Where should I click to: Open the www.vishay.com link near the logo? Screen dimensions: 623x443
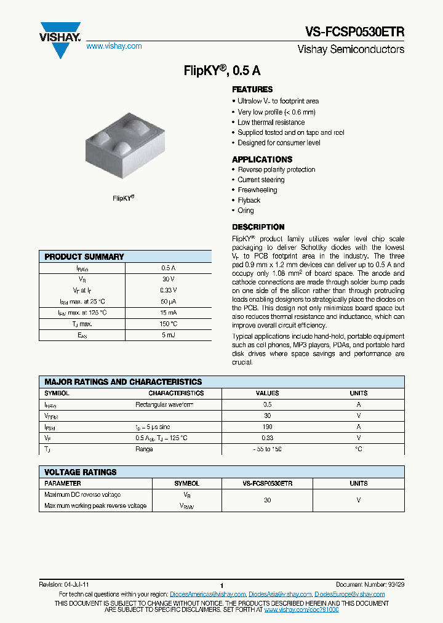tap(114, 46)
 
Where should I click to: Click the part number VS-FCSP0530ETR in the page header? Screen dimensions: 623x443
tap(354, 33)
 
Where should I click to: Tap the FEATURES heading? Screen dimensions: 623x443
tap(252, 89)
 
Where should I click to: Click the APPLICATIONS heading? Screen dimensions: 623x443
tap(262, 159)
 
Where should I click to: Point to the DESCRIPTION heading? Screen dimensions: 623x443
tap(258, 227)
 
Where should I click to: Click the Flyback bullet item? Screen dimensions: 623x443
tap(249, 200)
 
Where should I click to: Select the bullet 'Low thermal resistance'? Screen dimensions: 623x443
tap(271, 122)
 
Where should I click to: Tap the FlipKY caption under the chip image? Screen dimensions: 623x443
tap(124, 198)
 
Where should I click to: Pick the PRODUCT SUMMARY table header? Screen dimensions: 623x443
tap(84, 257)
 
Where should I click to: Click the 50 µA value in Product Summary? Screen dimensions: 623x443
tap(169, 302)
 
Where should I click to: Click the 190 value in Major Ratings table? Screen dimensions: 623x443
tap(267, 427)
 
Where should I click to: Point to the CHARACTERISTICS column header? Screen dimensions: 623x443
tap(176, 393)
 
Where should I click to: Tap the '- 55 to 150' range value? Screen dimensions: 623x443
tap(267, 449)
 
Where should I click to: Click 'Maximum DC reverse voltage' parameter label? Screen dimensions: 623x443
tap(82, 494)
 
